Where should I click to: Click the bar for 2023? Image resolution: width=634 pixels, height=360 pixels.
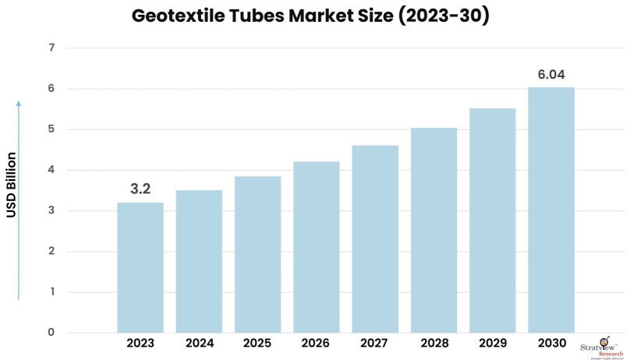pos(140,267)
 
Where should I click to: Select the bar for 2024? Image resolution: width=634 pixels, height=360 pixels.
pos(199,261)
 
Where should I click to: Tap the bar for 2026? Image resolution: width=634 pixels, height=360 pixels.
pos(317,247)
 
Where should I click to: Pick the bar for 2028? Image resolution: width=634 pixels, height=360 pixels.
pos(434,230)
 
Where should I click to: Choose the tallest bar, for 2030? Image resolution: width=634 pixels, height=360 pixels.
pos(551,210)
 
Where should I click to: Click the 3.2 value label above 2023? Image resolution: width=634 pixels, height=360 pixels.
pos(140,188)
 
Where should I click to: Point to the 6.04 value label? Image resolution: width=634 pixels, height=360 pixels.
pos(551,74)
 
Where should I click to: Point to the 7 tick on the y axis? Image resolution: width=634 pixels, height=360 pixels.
pos(51,48)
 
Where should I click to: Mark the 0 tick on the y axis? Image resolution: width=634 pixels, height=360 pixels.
pos(51,333)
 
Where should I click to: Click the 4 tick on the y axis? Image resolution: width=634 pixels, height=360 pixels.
pos(51,170)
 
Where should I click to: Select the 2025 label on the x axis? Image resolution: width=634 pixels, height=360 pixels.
pos(257,343)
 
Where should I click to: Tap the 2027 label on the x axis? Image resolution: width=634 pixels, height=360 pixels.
pos(375,343)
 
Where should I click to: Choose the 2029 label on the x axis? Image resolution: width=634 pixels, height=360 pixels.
pos(492,343)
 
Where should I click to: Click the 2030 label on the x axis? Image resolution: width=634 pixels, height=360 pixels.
pos(551,343)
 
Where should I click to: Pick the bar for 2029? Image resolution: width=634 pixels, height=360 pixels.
pos(492,221)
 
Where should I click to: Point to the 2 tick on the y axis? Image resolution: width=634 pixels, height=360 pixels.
pos(51,252)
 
